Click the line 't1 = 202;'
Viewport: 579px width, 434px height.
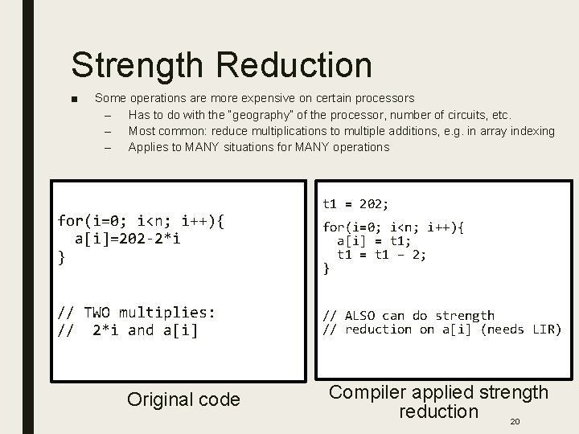(355, 204)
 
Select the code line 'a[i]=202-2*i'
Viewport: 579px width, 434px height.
(128, 239)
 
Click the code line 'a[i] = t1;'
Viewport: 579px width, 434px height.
(373, 240)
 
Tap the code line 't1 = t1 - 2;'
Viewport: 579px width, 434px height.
(381, 254)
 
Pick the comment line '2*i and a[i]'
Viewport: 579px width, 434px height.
(145, 330)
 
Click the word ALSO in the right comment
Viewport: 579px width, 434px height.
(360, 316)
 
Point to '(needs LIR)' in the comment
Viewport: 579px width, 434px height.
(520, 330)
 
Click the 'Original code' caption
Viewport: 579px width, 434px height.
(183, 399)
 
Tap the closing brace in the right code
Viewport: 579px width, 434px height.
(326, 268)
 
